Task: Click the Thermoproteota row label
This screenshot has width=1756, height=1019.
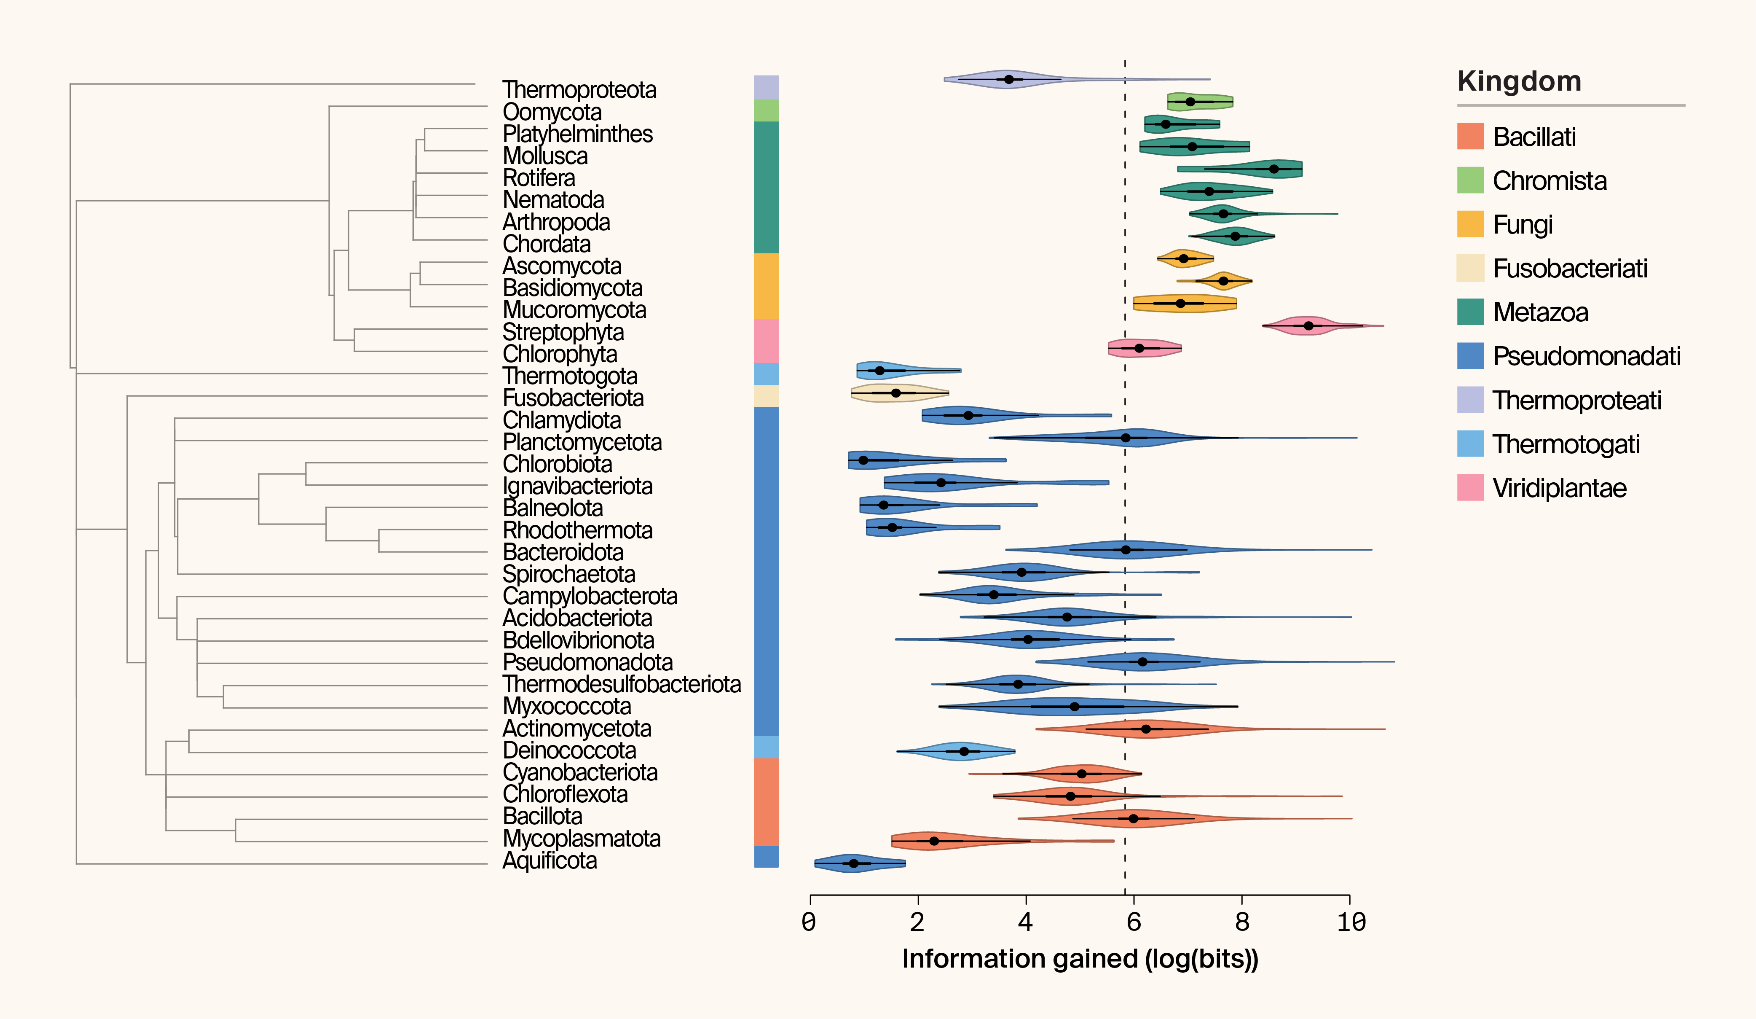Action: (579, 90)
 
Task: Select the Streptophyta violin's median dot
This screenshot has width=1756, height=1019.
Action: (1308, 325)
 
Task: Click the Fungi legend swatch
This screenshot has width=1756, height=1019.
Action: (1469, 224)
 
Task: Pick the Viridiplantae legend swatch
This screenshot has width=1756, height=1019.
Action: (1469, 488)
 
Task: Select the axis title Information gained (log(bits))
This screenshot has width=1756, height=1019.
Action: (1080, 959)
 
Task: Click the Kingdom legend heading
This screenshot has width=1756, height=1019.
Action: (1519, 81)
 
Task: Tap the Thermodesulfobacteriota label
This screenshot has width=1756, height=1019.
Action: (622, 684)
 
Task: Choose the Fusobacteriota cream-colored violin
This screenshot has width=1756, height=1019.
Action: (899, 393)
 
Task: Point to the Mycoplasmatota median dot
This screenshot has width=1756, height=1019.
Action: (934, 841)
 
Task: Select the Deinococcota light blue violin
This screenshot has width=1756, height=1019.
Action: (958, 751)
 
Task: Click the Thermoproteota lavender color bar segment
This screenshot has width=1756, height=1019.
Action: (766, 87)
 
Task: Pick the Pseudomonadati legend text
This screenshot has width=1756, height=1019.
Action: (1587, 356)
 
